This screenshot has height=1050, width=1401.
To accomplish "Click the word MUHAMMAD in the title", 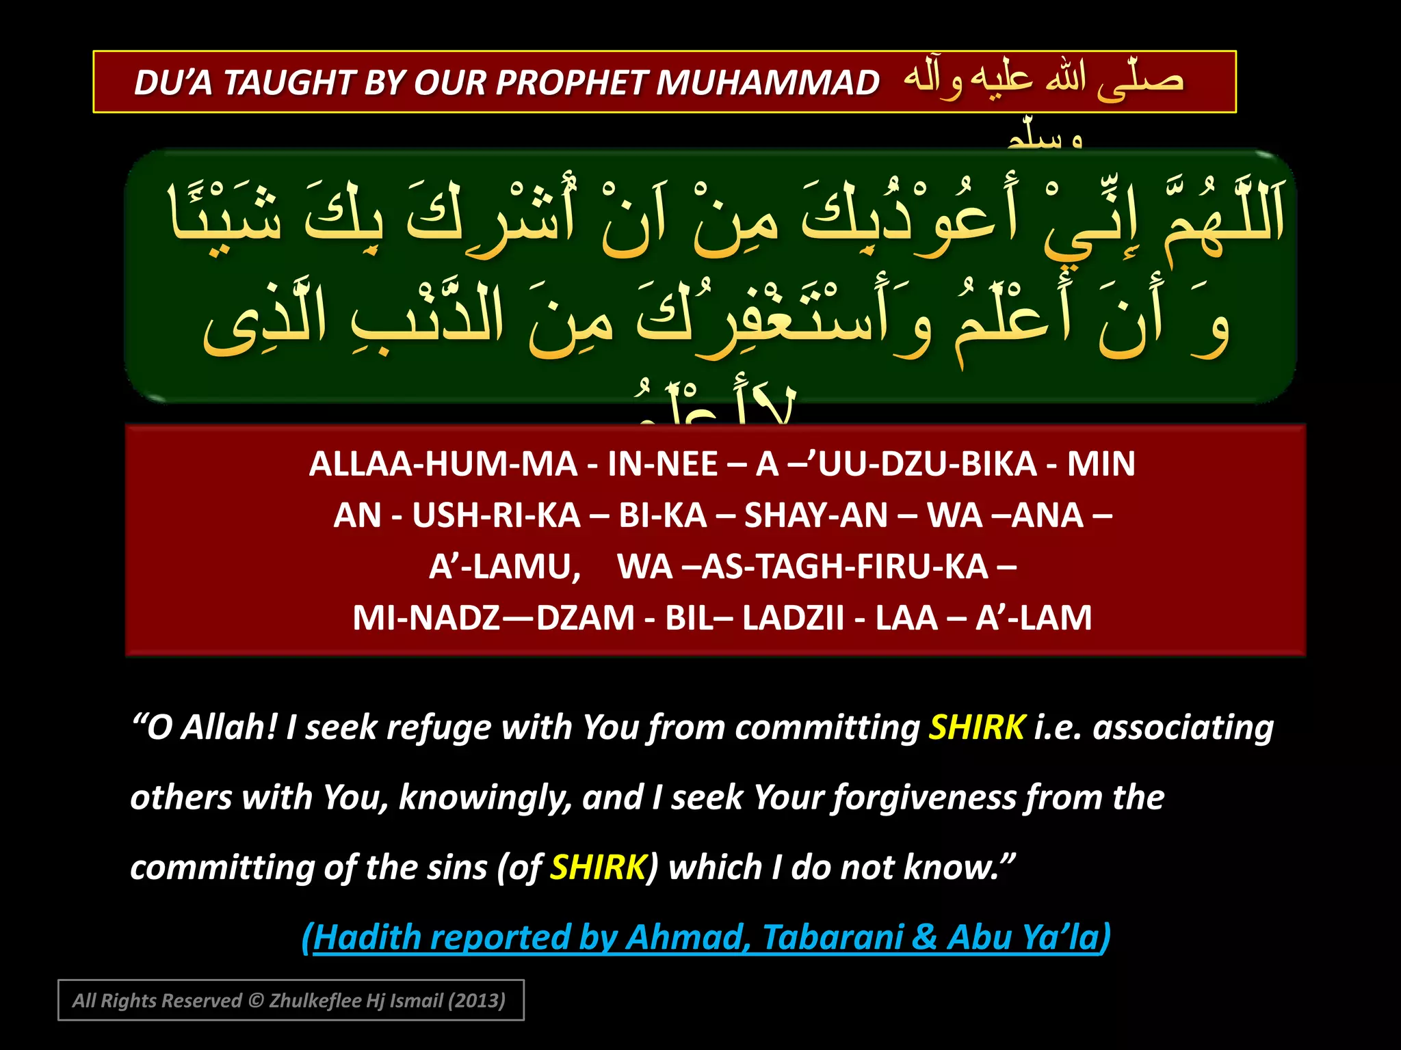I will [x=768, y=83].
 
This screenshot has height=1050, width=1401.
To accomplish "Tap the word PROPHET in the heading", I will [x=571, y=83].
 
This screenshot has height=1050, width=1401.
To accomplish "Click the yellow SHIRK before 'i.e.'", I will [x=977, y=727].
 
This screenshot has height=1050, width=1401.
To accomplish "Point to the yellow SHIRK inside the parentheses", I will [x=598, y=867].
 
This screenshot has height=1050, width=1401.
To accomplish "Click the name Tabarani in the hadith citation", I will [x=833, y=937].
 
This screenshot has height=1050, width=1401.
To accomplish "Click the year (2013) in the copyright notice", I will [x=476, y=1001].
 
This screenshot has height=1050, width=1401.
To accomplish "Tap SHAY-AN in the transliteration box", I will [x=815, y=515].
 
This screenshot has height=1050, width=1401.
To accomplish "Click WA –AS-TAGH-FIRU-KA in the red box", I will [x=802, y=567].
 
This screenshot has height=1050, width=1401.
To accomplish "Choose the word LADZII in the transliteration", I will [x=793, y=618].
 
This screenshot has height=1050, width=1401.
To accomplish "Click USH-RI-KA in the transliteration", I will [x=496, y=515].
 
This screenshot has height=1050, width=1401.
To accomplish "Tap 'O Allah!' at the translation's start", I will [x=211, y=727].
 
